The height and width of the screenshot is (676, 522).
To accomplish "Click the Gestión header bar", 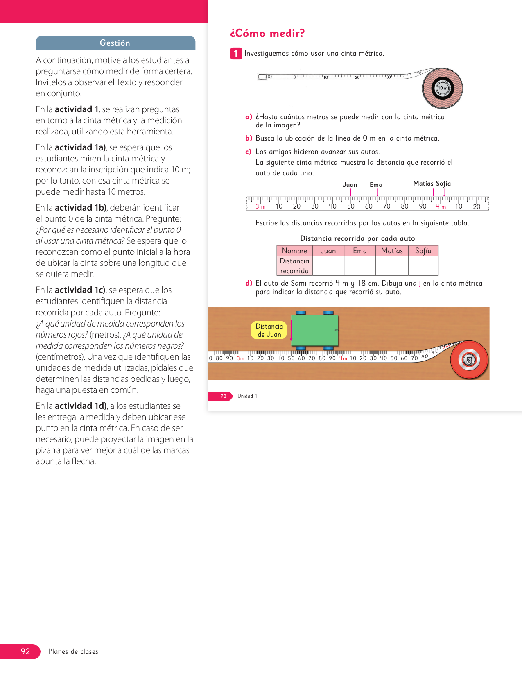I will tap(115, 43).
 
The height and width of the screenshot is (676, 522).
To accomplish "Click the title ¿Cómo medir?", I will tap(267, 33).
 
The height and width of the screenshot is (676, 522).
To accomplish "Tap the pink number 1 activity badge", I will tap(236, 54).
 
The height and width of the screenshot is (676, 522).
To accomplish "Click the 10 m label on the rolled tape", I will tap(443, 88).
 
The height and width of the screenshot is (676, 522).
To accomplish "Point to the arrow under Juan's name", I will tap(350, 192).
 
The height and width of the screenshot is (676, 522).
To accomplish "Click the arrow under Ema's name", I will tap(377, 192).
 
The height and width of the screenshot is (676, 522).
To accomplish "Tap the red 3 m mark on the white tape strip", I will tap(260, 206).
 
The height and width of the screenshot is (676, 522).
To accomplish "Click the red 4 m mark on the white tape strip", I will tap(441, 207).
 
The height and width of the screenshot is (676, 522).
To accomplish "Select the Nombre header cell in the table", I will tap(294, 251).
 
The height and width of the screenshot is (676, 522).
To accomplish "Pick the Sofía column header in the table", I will tap(423, 251).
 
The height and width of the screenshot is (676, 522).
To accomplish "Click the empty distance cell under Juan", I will tap(328, 266).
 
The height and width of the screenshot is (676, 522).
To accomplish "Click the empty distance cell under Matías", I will tap(392, 266).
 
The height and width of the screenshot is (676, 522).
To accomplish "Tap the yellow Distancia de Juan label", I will tap(269, 330).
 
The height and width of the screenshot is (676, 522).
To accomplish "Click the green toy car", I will tap(314, 330).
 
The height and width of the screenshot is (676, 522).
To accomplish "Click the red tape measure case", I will tap(469, 360).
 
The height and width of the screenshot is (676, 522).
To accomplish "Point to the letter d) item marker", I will tap(249, 283).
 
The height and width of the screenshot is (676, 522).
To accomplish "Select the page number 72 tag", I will tap(223, 396).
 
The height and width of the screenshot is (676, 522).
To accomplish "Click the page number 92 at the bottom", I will tap(25, 651).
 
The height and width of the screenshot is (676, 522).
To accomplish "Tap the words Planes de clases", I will tap(73, 651).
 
